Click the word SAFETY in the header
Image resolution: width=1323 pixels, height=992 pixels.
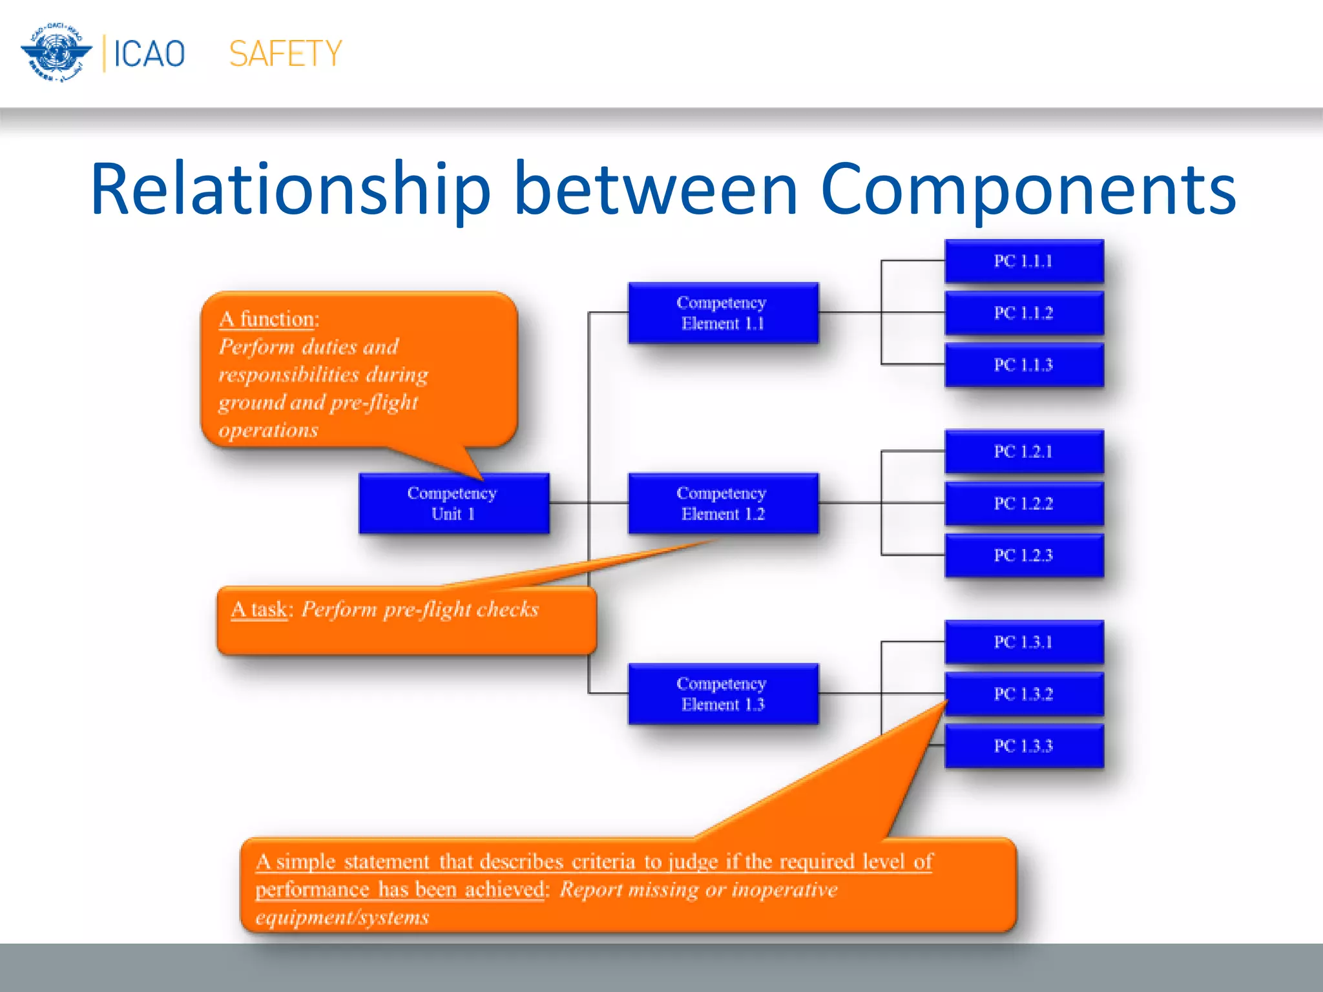(x=285, y=54)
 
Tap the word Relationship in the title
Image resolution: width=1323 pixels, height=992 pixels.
(x=291, y=189)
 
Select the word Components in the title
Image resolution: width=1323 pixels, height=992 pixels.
(x=1027, y=189)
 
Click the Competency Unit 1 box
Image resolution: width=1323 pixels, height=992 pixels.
(x=453, y=503)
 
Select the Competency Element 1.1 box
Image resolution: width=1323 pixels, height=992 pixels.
(x=723, y=313)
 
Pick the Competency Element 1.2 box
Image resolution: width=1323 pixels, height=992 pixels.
(x=723, y=503)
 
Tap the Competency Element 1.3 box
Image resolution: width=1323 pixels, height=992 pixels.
(x=723, y=694)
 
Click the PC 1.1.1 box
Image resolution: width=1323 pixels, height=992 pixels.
(x=1024, y=261)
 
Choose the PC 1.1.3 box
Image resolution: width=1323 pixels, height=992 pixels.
(x=1024, y=365)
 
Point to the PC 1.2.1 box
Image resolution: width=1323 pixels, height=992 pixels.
(x=1024, y=451)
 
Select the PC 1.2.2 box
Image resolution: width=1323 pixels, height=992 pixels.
(x=1024, y=503)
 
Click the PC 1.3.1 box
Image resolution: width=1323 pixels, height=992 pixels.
(x=1024, y=642)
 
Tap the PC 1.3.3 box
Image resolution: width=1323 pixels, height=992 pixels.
(x=1024, y=746)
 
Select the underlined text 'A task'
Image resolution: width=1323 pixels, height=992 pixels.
(x=259, y=610)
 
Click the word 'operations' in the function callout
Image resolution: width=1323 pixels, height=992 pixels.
(x=268, y=430)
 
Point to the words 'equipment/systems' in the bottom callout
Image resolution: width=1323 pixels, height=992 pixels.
(x=342, y=917)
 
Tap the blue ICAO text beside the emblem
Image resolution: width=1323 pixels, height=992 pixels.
(x=149, y=54)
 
